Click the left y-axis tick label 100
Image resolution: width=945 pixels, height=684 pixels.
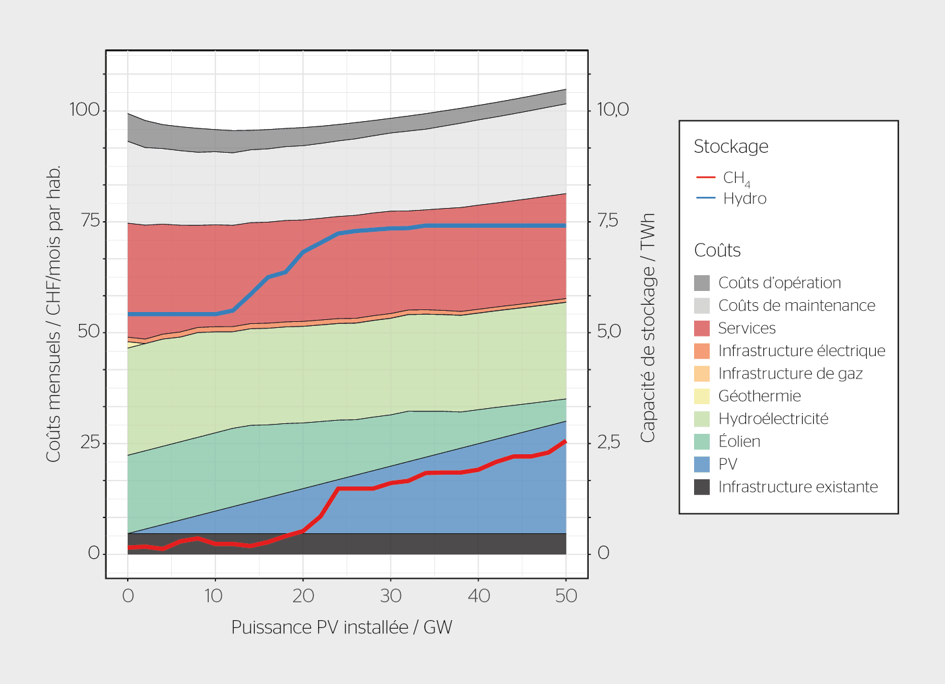[x=84, y=109]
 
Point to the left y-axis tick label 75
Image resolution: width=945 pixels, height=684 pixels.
[x=90, y=221]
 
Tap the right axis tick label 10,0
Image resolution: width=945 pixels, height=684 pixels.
[x=612, y=109]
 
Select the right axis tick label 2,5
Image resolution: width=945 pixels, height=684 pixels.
[x=608, y=442]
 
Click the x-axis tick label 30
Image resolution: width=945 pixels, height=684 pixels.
[x=391, y=596]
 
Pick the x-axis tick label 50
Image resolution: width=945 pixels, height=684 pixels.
[x=566, y=596]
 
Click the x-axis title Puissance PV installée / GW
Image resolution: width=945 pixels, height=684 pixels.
[x=341, y=627]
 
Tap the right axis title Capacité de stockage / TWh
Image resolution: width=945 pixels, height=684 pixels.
[x=648, y=327]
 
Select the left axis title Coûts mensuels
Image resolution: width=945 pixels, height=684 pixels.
[x=53, y=313]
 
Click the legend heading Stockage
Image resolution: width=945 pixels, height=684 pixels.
[x=731, y=146]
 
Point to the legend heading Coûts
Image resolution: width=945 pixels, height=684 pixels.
[x=717, y=250]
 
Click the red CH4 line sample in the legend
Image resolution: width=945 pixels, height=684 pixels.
[x=705, y=178]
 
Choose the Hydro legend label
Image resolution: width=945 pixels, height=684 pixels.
[x=745, y=199]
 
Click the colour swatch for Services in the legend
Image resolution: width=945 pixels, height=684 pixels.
[x=702, y=329]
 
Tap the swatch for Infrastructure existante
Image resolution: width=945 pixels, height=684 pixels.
[x=702, y=487]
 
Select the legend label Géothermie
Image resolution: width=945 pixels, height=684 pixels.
[x=759, y=396]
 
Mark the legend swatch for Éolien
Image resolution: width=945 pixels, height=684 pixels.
[x=702, y=442]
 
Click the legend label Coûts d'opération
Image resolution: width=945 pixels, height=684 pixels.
[x=780, y=283]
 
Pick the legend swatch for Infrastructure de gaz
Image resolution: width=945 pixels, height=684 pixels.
[x=702, y=374]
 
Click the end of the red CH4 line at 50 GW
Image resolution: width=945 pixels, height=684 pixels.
[x=565, y=441]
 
